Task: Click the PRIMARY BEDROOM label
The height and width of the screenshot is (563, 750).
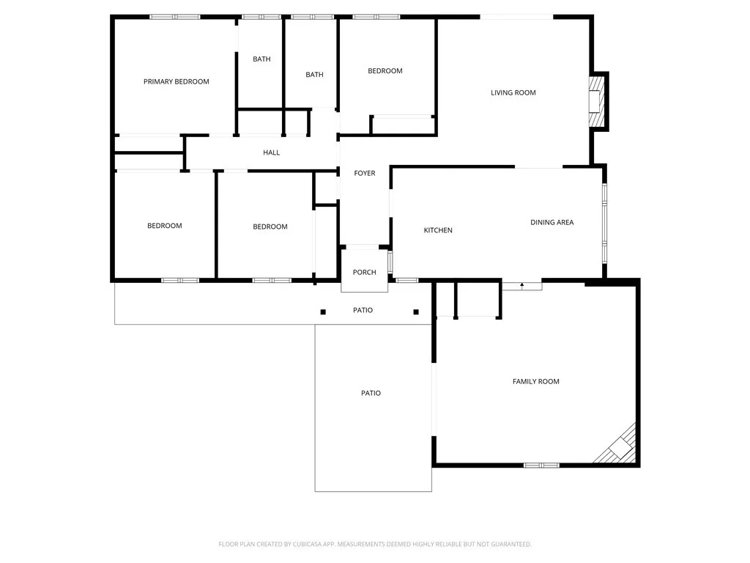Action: [x=176, y=81]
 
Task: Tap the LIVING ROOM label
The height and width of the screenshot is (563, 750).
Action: [x=513, y=92]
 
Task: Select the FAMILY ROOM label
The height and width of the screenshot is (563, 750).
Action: [x=535, y=381]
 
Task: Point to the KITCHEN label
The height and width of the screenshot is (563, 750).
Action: [x=438, y=230]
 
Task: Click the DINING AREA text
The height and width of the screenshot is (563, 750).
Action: [x=552, y=222]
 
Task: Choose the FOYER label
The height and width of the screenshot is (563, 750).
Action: [x=364, y=173]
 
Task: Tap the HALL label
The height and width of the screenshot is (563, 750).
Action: [x=271, y=152]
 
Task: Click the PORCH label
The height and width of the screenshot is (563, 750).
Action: [x=364, y=272]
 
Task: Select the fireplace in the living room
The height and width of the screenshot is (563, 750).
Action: [x=597, y=101]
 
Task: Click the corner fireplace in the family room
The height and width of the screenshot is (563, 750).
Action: [x=619, y=446]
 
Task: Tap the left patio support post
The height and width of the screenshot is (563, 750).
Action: [x=323, y=312]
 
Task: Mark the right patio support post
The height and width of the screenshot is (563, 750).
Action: [x=416, y=312]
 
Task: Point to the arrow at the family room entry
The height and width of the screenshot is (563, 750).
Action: [x=521, y=284]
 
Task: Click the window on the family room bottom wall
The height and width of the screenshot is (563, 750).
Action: [x=541, y=465]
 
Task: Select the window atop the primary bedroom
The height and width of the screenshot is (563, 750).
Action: [x=175, y=16]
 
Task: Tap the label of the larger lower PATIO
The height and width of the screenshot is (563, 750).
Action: [x=371, y=393]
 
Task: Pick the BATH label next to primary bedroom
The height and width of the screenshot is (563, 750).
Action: [x=261, y=59]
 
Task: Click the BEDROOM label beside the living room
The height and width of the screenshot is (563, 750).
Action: [x=385, y=71]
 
